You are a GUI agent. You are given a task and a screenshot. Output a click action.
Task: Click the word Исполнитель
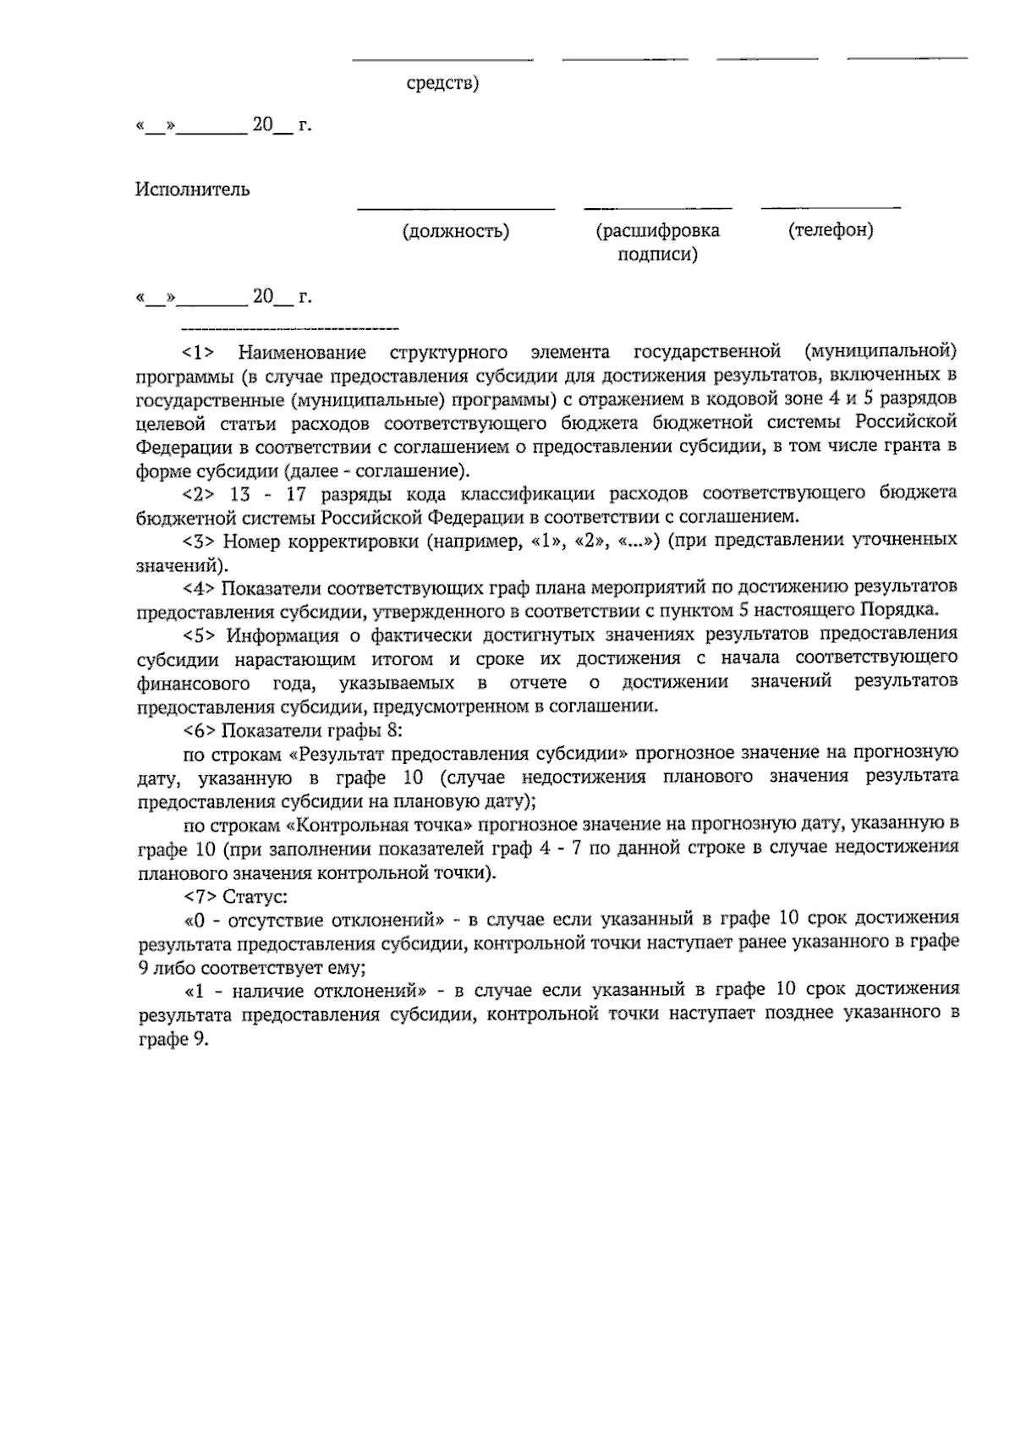click(192, 190)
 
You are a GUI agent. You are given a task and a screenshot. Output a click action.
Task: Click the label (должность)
click(456, 231)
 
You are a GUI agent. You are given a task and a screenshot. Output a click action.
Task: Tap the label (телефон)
click(831, 230)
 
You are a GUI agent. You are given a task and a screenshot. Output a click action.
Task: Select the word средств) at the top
click(442, 84)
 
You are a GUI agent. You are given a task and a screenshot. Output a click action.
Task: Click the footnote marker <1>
click(200, 351)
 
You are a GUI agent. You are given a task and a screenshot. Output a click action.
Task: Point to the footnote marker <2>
click(200, 492)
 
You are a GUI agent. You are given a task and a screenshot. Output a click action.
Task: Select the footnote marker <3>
click(200, 540)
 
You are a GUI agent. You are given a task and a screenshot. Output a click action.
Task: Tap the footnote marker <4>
click(200, 586)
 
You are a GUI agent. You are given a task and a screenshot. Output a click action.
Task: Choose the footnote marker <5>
click(200, 634)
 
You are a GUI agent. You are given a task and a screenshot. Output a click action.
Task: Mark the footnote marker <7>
click(200, 894)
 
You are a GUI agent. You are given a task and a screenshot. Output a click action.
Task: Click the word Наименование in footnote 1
click(302, 351)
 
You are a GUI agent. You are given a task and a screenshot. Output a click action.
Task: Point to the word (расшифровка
click(657, 230)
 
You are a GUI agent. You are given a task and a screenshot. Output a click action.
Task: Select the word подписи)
click(657, 255)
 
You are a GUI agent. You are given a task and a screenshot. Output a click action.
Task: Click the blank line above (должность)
click(456, 207)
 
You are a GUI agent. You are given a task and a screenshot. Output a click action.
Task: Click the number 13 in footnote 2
click(240, 492)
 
